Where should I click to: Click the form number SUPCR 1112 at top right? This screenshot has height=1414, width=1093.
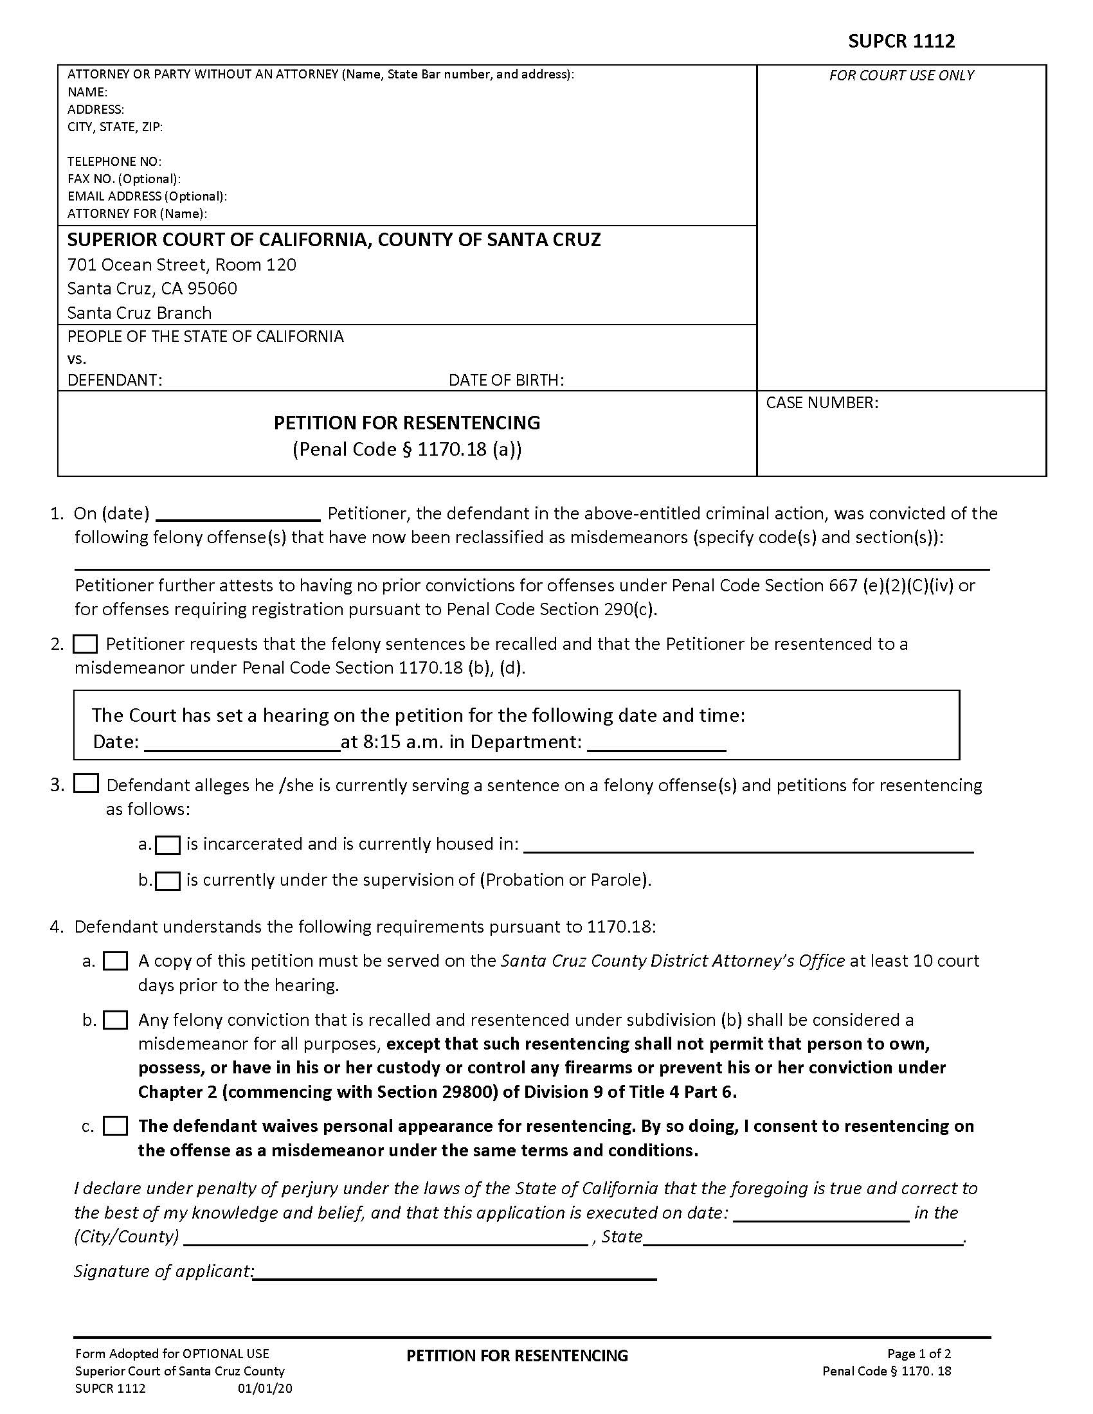(901, 41)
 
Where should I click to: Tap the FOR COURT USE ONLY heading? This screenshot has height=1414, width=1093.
(901, 76)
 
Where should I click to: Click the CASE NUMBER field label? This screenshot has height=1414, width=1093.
(822, 403)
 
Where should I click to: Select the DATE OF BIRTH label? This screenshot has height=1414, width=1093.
(506, 380)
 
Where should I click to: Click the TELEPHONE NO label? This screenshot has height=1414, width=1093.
(114, 161)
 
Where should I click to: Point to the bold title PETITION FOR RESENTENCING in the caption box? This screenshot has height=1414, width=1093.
(406, 423)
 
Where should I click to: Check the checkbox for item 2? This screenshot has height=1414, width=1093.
(86, 644)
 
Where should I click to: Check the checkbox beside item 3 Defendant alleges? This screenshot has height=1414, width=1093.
(86, 784)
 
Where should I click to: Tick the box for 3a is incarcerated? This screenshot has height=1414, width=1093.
(168, 845)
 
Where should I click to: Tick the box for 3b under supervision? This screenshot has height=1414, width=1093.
(168, 881)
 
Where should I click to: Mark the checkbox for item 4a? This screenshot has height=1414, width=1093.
(116, 961)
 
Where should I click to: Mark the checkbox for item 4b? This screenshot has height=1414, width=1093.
(116, 1021)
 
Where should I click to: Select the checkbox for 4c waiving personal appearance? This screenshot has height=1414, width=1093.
(116, 1126)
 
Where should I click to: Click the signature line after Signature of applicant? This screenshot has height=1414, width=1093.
(455, 1272)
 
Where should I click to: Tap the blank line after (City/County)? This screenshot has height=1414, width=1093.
(386, 1237)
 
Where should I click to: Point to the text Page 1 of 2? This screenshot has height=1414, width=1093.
(918, 1354)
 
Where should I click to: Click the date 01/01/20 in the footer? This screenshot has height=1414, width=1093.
(265, 1389)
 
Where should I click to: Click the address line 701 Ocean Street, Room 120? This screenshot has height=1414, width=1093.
(182, 265)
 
